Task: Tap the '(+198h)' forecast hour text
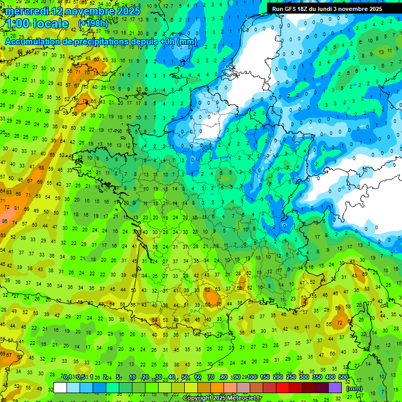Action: [x=93, y=24]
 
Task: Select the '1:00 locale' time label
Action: [x=37, y=24]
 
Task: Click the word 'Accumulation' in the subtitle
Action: [x=36, y=41]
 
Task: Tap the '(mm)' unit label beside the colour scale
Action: [x=354, y=388]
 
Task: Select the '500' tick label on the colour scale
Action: [x=343, y=377]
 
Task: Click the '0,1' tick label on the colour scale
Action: [x=68, y=377]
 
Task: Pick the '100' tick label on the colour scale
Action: [x=252, y=377]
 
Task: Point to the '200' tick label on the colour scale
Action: [x=278, y=377]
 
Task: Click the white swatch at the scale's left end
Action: [x=60, y=388]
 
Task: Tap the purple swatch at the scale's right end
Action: [x=335, y=388]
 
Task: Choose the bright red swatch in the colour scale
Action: [x=283, y=388]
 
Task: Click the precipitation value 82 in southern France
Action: [x=208, y=289]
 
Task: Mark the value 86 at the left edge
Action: [x=4, y=221]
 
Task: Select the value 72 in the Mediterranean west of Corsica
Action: [x=340, y=323]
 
